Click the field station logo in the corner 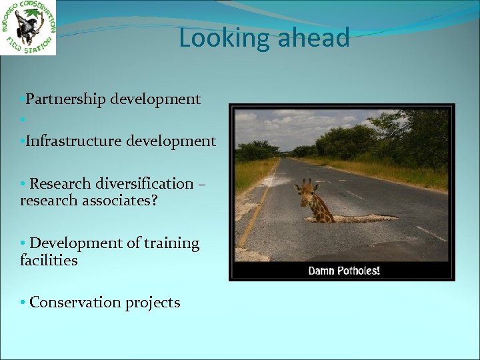pos(28,27)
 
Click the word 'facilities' pos(49,260)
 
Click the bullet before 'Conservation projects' pos(23,303)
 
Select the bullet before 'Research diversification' pos(23,184)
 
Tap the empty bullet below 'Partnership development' pos(23,121)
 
